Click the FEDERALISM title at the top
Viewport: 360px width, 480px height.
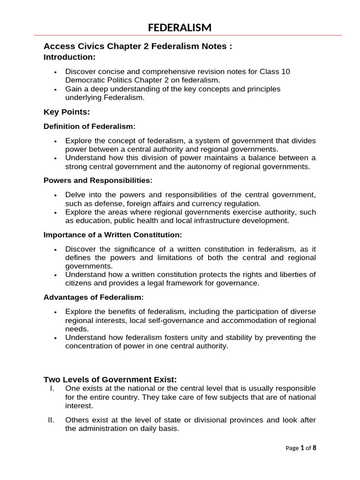pyautogui.click(x=180, y=28)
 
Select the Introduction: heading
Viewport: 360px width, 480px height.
pyautogui.click(x=69, y=57)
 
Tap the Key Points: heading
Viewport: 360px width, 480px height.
pyautogui.click(x=66, y=112)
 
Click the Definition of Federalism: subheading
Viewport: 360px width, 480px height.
pyautogui.click(x=89, y=127)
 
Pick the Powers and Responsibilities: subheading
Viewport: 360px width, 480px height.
pyautogui.click(x=98, y=180)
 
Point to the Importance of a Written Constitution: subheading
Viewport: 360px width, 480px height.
pyautogui.click(x=112, y=234)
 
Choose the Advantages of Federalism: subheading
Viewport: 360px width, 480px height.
pyautogui.click(x=94, y=297)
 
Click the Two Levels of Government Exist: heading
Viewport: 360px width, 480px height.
pyautogui.click(x=110, y=379)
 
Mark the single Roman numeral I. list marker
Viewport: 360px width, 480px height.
pyautogui.click(x=52, y=389)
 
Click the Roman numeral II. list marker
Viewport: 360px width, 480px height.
pyautogui.click(x=52, y=420)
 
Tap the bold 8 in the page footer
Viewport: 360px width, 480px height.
pyautogui.click(x=315, y=448)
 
